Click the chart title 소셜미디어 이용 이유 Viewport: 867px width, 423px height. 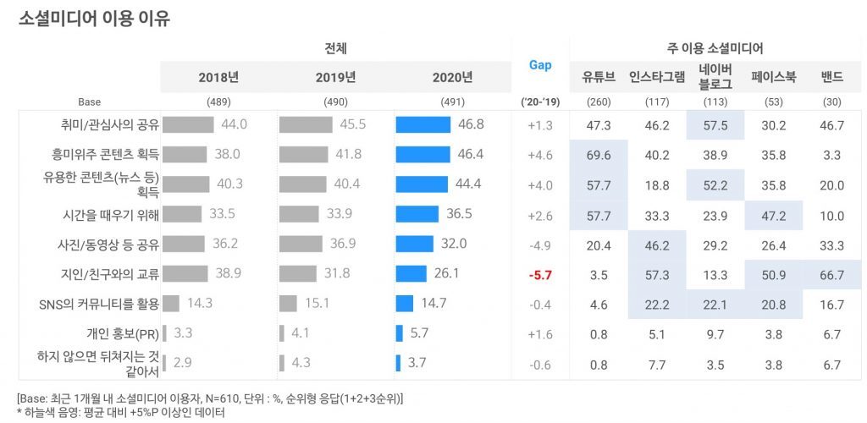tap(94, 19)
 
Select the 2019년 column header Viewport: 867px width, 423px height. tap(335, 77)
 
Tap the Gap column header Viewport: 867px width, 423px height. tap(539, 65)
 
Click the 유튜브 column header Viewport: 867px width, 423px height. tap(599, 77)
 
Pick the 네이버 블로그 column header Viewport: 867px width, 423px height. tap(715, 77)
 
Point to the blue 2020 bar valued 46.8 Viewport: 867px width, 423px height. tap(423, 124)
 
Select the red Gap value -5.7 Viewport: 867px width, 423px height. tap(539, 273)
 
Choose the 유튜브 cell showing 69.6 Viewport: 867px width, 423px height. tap(599, 154)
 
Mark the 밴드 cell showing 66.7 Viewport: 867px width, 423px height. tap(832, 273)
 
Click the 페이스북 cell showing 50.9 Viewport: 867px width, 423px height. tap(775, 273)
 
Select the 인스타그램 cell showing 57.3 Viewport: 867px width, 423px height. tap(657, 273)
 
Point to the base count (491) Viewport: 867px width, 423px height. tap(453, 102)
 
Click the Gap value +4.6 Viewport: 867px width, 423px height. tap(539, 154)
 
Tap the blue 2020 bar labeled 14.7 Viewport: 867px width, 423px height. tap(405, 303)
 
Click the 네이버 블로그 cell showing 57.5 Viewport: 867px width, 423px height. tap(715, 124)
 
